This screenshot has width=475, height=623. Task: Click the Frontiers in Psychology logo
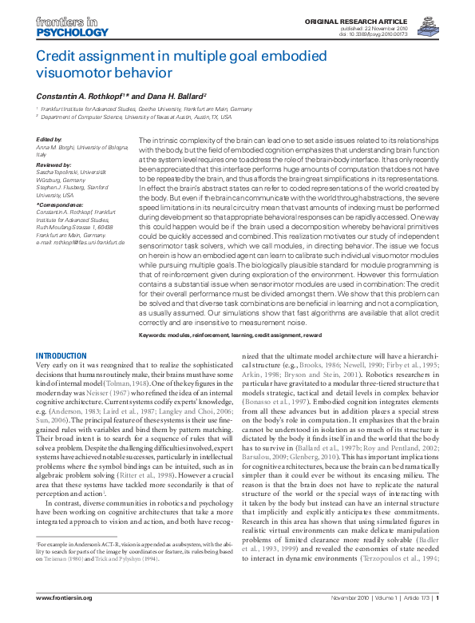pyautogui.click(x=71, y=28)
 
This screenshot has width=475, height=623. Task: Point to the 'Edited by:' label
pyautogui.click(x=49, y=140)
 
